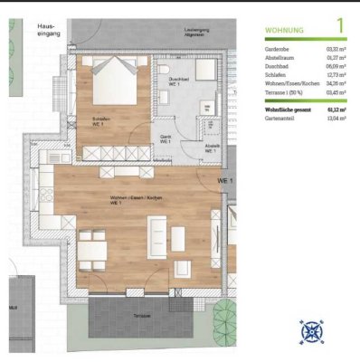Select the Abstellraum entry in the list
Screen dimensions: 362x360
[x=283, y=59]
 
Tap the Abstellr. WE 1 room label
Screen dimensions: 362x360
[x=210, y=148]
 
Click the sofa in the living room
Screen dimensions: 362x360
[x=157, y=239]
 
